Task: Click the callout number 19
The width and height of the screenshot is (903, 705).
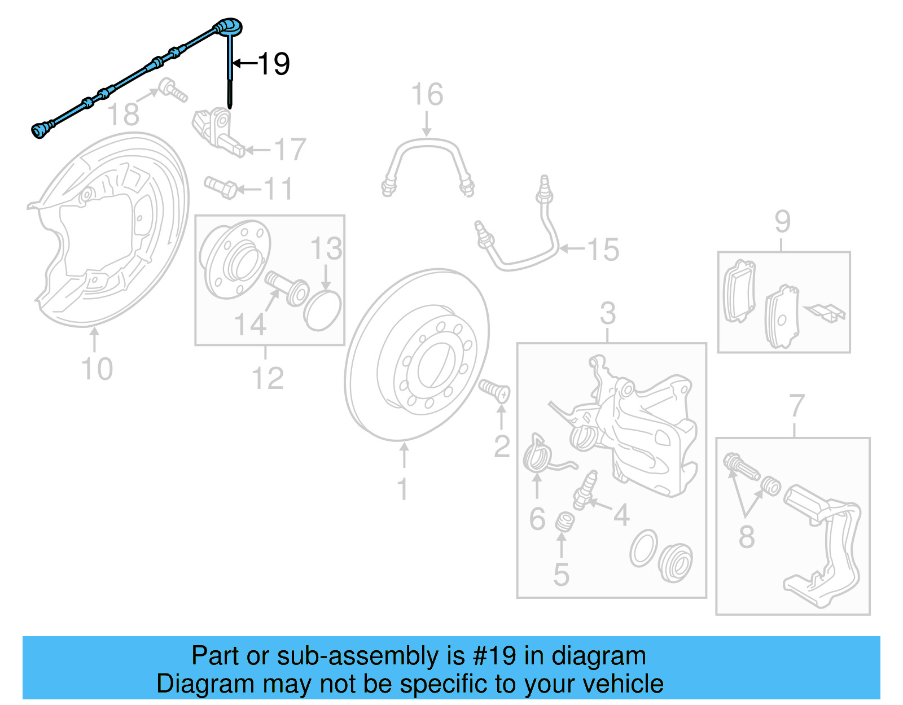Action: [x=274, y=63]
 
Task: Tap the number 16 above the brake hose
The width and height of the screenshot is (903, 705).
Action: [x=427, y=94]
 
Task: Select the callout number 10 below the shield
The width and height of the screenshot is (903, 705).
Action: [x=97, y=369]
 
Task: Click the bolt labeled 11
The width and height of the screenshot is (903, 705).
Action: [x=221, y=187]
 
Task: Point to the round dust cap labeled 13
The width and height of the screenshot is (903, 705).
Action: [x=323, y=310]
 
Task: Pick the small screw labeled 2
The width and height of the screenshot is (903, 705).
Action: [x=495, y=390]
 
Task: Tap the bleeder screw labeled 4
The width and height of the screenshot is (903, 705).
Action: [x=584, y=489]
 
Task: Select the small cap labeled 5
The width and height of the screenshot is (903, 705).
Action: [x=563, y=522]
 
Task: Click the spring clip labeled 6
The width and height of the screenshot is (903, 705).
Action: [x=539, y=453]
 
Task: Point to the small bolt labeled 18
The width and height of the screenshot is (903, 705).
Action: [x=172, y=91]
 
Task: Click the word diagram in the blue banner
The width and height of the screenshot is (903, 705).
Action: [x=598, y=656]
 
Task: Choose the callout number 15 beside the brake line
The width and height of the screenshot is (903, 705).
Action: [x=603, y=249]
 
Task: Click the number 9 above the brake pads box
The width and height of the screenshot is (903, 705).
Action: [x=782, y=221]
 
